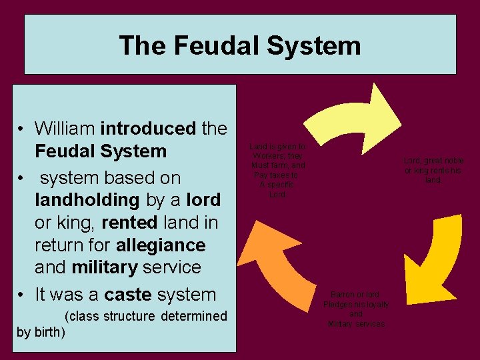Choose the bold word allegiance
161,245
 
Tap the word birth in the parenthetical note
44,331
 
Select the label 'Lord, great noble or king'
434,170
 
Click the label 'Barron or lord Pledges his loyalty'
356,309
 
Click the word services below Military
371,324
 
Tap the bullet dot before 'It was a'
23,295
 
